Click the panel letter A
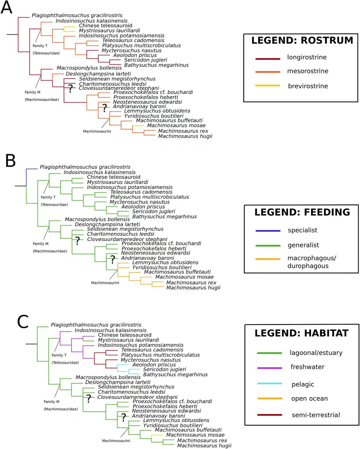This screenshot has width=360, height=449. pyautogui.click(x=7, y=7)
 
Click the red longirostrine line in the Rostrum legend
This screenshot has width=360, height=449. pyautogui.click(x=268, y=59)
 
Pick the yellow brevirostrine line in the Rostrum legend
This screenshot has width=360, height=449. pyautogui.click(x=268, y=86)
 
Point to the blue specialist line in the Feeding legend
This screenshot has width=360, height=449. pyautogui.click(x=268, y=231)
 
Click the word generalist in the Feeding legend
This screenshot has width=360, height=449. pyautogui.click(x=303, y=245)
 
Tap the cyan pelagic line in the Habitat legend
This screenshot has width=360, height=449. pyautogui.click(x=270, y=383)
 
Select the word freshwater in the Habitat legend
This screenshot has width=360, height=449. pyautogui.click(x=307, y=367)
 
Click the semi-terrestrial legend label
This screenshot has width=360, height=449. pyautogui.click(x=316, y=415)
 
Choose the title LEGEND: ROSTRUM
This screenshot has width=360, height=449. pyautogui.click(x=302, y=40)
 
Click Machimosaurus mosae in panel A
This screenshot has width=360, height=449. pyautogui.click(x=176, y=125)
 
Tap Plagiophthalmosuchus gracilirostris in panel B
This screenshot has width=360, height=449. pyautogui.click(x=85, y=167)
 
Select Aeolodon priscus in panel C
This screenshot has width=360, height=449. pyautogui.click(x=154, y=364)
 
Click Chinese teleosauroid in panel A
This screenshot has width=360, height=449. pyautogui.click(x=106, y=26)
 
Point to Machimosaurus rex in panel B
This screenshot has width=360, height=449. pyautogui.click(x=191, y=283)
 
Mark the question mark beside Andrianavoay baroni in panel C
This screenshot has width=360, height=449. pyautogui.click(x=124, y=418)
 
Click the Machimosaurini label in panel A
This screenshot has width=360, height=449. pyautogui.click(x=97, y=131)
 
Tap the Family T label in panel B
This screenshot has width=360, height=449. pyautogui.click(x=48, y=197)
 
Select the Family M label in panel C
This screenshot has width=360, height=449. pyautogui.click(x=51, y=402)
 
